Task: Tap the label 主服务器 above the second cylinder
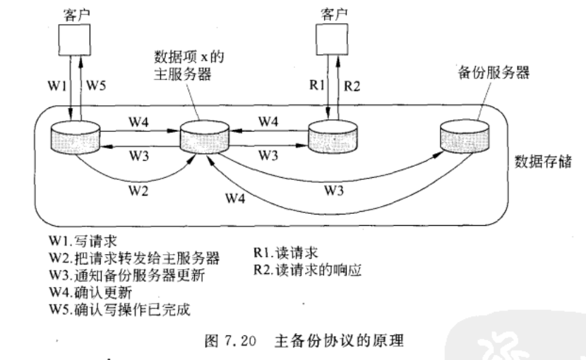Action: [x=186, y=72]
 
